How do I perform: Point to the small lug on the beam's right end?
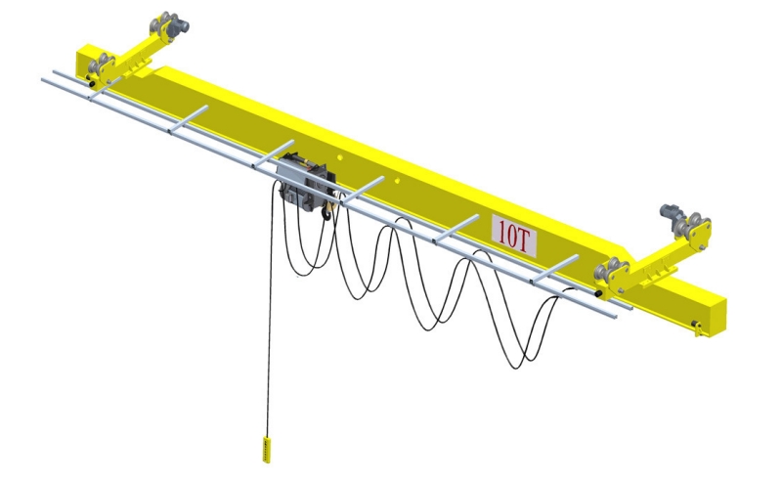pyautogui.click(x=697, y=326)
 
